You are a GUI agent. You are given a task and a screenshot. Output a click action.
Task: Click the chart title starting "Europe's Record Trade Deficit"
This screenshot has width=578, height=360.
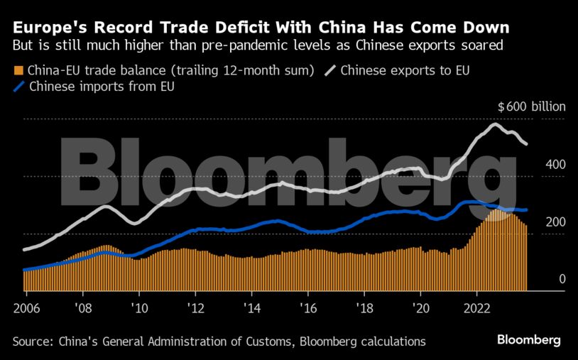pyautogui.click(x=261, y=28)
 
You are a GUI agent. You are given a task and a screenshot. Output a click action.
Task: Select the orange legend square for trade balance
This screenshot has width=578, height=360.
pyautogui.click(x=18, y=71)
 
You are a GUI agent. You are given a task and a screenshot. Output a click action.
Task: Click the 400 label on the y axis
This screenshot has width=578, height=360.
pyautogui.click(x=555, y=165)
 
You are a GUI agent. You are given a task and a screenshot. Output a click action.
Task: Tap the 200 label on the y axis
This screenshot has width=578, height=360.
pyautogui.click(x=555, y=222)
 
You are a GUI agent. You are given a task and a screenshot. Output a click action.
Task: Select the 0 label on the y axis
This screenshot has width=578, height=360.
pyautogui.click(x=562, y=279)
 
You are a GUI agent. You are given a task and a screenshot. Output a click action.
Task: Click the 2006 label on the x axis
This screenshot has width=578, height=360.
pyautogui.click(x=26, y=310)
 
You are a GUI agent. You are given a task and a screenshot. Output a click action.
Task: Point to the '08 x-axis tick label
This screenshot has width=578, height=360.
pyautogui.click(x=82, y=310)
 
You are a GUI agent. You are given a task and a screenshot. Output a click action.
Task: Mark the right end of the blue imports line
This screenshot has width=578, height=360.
pyautogui.click(x=525, y=210)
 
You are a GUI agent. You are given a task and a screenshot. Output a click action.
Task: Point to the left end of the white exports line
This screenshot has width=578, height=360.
pyautogui.click(x=25, y=249)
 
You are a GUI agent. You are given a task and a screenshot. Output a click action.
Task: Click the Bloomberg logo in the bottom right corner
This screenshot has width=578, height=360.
pyautogui.click(x=529, y=340)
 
